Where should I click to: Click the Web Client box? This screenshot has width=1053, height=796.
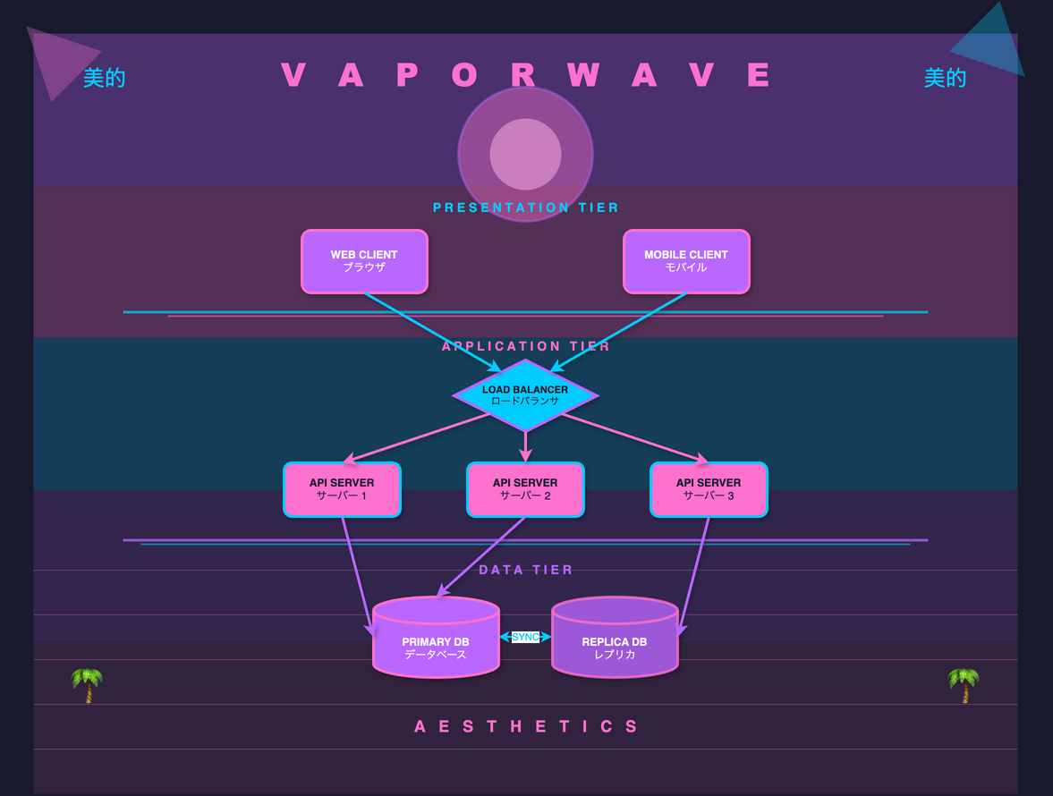coord(364,261)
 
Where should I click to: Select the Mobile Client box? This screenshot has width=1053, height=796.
coord(686,261)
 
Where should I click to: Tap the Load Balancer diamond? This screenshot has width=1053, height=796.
coord(525,395)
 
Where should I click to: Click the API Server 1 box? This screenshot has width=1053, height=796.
coord(342,489)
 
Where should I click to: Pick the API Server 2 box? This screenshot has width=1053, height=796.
coord(525,489)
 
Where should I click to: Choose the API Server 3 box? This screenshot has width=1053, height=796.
coord(709,489)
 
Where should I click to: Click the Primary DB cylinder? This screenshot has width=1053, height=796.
coord(436,644)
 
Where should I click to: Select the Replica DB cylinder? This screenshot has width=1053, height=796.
coord(615,644)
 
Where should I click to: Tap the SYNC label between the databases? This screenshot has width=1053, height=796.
coord(526,637)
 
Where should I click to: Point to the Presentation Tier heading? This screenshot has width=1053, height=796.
coord(526,207)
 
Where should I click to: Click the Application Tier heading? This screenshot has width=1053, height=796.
coord(526,346)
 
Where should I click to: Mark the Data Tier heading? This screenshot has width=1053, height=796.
coord(526,570)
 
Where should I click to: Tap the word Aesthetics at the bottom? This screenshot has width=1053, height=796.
coord(526,726)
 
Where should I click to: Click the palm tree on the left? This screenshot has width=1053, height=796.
coord(88,685)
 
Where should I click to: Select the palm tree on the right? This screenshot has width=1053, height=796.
coord(964,685)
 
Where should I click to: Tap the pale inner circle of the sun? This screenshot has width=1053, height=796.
coord(525,154)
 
